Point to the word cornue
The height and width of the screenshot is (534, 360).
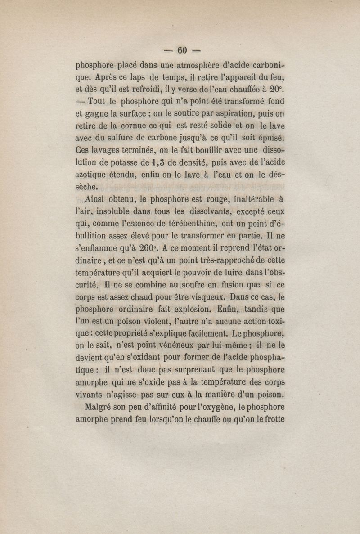[x=126, y=124]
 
